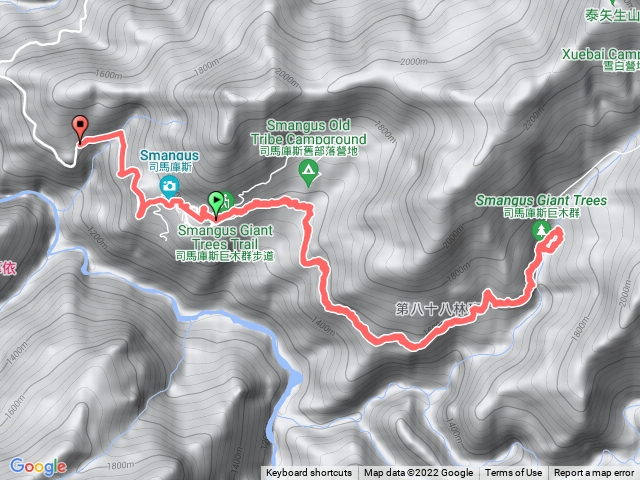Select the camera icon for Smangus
(170, 185)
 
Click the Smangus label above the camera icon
(170, 155)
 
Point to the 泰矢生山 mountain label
(611, 16)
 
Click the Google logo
(38, 466)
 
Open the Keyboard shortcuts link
(309, 473)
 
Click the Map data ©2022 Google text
(418, 473)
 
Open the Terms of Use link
(514, 473)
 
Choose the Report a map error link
(594, 473)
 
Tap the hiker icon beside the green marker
(228, 201)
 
